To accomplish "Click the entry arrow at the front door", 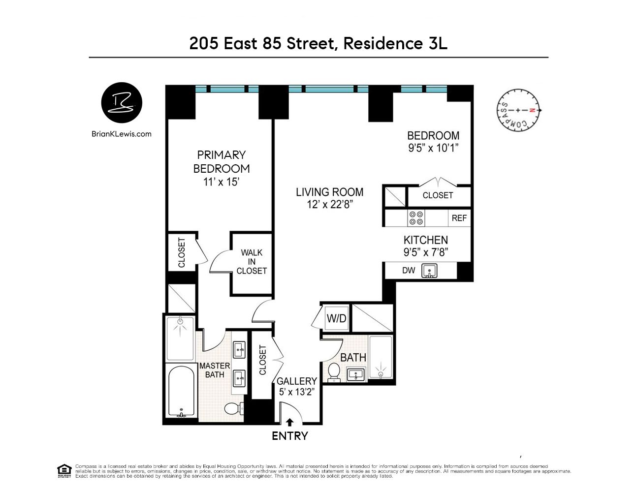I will coord(289,422).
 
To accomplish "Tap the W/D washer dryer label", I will coord(336,318).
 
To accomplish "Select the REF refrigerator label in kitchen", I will coord(459,218).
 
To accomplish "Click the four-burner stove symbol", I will coord(416,218).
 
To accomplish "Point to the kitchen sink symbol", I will coord(430,271).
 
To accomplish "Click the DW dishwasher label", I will coord(409,270).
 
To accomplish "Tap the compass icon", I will coord(518,110).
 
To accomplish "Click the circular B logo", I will coord(122,103).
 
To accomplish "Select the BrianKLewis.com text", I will coord(122,134).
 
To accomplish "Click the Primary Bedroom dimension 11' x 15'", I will coord(221,182).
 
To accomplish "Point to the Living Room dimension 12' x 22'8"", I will coord(329,205).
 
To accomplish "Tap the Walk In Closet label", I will coord(252,262).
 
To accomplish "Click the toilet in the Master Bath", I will coord(232,408).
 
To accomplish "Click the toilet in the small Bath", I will coord(334,371).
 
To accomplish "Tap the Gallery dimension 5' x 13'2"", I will coord(296,392).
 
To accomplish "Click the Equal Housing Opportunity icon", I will coord(64,471).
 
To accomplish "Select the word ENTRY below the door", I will coord(289,436).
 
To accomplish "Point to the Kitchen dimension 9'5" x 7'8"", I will coord(425,253).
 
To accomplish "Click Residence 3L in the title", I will coord(395,43).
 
